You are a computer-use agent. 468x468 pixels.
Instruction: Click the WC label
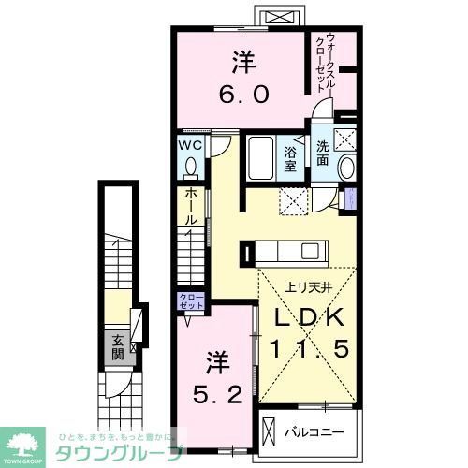[x=191, y=145]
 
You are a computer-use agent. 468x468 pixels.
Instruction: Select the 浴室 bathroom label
[x=290, y=158]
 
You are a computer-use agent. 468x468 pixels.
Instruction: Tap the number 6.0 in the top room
[x=244, y=94]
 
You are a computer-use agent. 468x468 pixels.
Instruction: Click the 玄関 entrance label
[x=118, y=347]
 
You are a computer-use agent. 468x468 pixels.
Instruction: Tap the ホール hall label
[x=190, y=206]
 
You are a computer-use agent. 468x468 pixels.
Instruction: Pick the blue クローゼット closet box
[x=190, y=301]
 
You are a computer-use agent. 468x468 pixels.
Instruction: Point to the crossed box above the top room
[x=283, y=17]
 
